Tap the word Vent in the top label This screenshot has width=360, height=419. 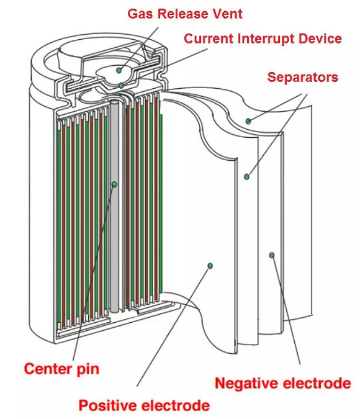pos(228,14)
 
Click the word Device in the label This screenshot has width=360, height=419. pos(320,38)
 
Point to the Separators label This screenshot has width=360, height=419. pos(303,77)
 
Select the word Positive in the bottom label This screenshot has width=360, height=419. pos(109,405)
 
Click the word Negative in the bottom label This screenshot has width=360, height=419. pos(247,383)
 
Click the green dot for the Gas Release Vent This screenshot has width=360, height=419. pos(119,70)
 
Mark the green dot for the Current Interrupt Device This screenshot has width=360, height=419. pos(121,86)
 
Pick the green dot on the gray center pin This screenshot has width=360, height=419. pos(115,184)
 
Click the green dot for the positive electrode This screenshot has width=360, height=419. pos(210,266)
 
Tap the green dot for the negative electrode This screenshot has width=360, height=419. pos(272,255)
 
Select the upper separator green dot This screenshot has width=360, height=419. pos(248,121)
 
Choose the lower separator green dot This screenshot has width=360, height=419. pos(246,176)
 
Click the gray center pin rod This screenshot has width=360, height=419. pos(114,206)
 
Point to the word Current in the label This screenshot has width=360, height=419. pos(209,38)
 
